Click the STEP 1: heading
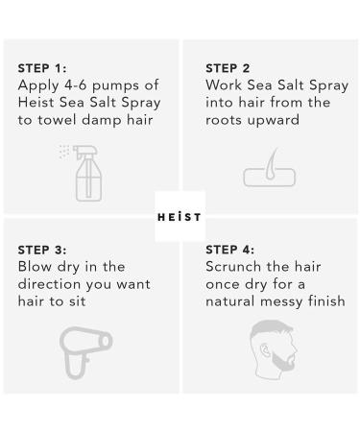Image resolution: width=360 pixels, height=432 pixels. (x=40, y=68)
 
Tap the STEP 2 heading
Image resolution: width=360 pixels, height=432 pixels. (x=228, y=68)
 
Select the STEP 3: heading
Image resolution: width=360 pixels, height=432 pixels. (x=40, y=249)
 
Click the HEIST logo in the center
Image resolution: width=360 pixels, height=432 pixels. (x=180, y=217)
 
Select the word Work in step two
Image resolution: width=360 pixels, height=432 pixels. (x=224, y=84)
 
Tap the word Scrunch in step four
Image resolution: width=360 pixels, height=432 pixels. (x=236, y=266)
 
